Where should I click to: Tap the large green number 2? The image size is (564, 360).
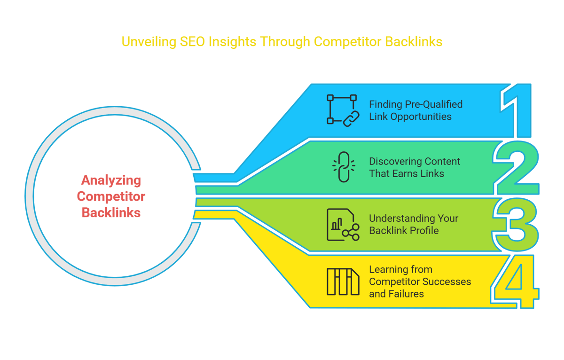pyautogui.click(x=516, y=167)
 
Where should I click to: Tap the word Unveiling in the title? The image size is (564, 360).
pyautogui.click(x=149, y=42)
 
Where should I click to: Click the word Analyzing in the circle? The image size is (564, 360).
pyautogui.click(x=111, y=180)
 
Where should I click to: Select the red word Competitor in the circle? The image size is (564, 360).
pyautogui.click(x=111, y=196)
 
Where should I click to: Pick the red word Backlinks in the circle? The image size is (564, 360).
pyautogui.click(x=111, y=212)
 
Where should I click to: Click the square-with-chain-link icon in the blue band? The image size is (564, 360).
pyautogui.click(x=343, y=110)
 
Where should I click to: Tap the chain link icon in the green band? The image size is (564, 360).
pyautogui.click(x=344, y=167)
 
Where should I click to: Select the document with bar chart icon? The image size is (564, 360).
pyautogui.click(x=343, y=225)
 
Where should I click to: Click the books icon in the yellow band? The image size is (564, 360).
pyautogui.click(x=343, y=282)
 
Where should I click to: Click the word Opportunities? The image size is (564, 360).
pyautogui.click(x=421, y=117)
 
